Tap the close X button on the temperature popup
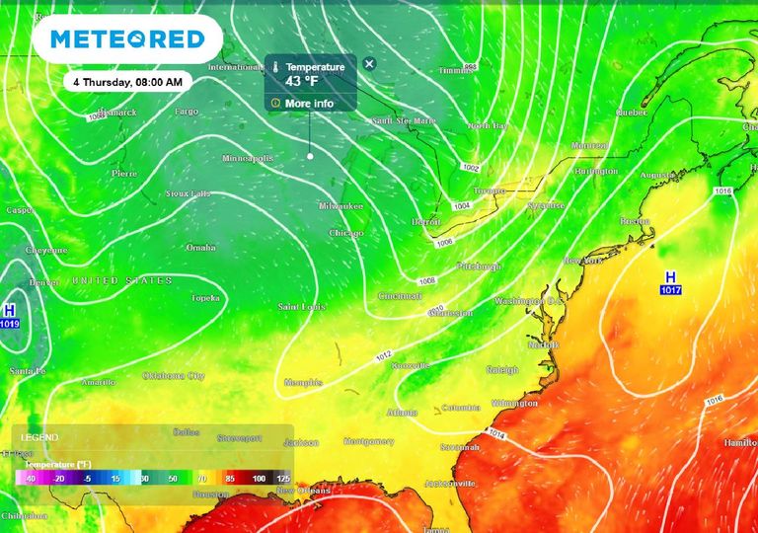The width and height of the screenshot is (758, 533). (369, 64)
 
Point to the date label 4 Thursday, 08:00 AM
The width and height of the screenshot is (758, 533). (128, 82)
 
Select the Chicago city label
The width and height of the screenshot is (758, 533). (345, 233)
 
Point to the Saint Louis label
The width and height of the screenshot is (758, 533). (301, 306)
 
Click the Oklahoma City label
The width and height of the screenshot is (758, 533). (174, 376)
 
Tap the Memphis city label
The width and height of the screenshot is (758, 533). (303, 382)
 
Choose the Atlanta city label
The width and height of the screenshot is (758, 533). (402, 412)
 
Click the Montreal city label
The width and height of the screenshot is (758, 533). (589, 146)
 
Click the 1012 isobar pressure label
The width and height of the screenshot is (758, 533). (385, 355)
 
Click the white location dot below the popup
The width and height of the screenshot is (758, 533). (309, 156)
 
